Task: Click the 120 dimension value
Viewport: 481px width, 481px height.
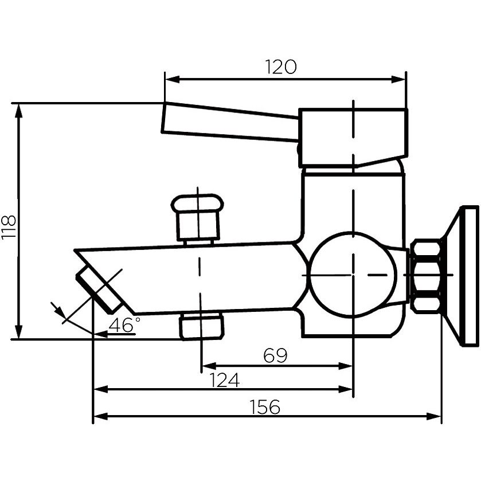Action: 281,67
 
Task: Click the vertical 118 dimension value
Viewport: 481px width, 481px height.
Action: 9,226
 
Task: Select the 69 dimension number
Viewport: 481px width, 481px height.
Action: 275,355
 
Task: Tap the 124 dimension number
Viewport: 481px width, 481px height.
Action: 224,380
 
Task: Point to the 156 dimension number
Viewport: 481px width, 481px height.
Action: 265,407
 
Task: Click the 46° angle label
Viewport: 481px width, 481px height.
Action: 124,325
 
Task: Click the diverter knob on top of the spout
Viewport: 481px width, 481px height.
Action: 197,218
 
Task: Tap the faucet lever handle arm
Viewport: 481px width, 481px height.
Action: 230,122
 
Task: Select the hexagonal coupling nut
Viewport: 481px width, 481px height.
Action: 426,276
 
